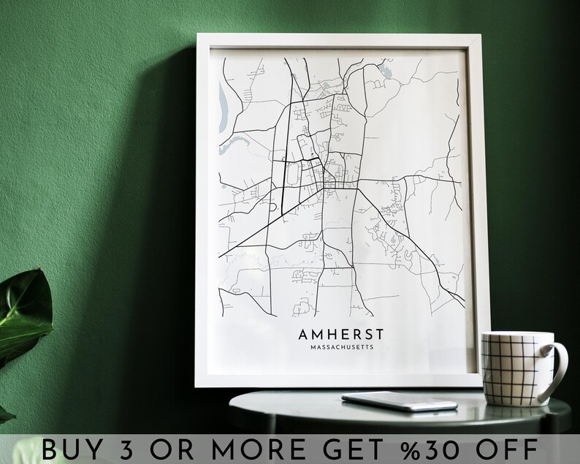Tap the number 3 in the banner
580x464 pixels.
[137, 447]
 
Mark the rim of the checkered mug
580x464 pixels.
[516, 335]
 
